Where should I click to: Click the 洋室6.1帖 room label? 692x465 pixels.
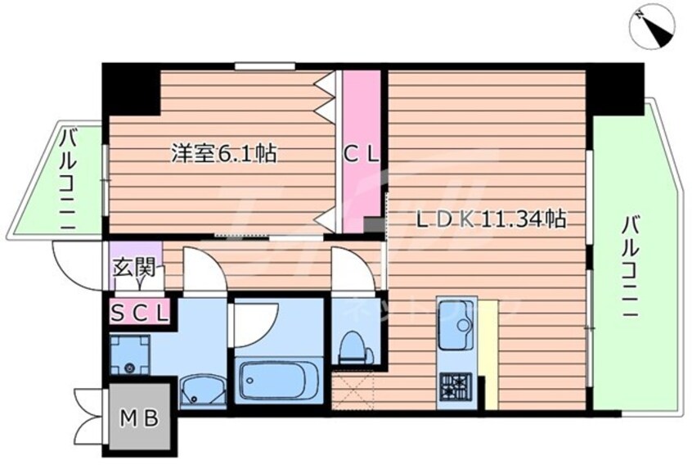click(x=222, y=153)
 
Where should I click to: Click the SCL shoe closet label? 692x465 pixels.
click(x=140, y=312)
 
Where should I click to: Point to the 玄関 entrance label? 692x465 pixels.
click(x=133, y=268)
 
